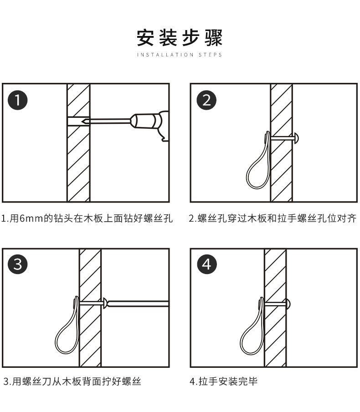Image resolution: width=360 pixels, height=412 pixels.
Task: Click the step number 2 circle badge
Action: coord(207,100)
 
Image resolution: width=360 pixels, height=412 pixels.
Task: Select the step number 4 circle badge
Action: coord(207,264)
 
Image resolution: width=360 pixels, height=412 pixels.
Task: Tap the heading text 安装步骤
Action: coord(180,38)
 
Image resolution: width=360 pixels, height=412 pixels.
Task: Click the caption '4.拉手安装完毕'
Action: coord(224,381)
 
